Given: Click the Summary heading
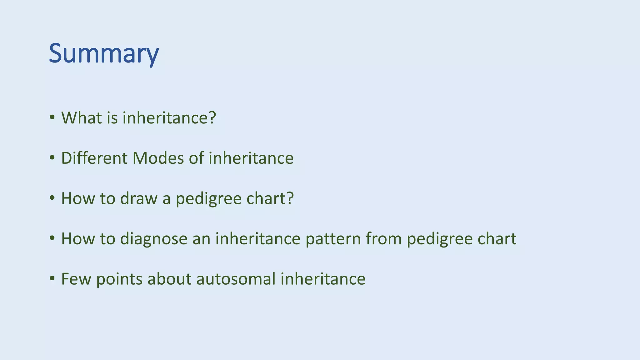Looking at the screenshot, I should pyautogui.click(x=104, y=54).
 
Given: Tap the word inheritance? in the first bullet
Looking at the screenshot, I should pyautogui.click(x=169, y=118).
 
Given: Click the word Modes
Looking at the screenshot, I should pyautogui.click(x=158, y=158).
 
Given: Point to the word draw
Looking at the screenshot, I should pyautogui.click(x=138, y=198).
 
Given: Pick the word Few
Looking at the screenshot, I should pyautogui.click(x=76, y=279).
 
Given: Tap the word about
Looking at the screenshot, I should pyautogui.click(x=169, y=279).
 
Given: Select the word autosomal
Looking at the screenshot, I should pyautogui.click(x=236, y=279).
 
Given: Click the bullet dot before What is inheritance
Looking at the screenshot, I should pyautogui.click(x=52, y=118).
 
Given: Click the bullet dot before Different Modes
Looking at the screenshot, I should pyautogui.click(x=52, y=158).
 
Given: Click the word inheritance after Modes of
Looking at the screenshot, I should pyautogui.click(x=251, y=158).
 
